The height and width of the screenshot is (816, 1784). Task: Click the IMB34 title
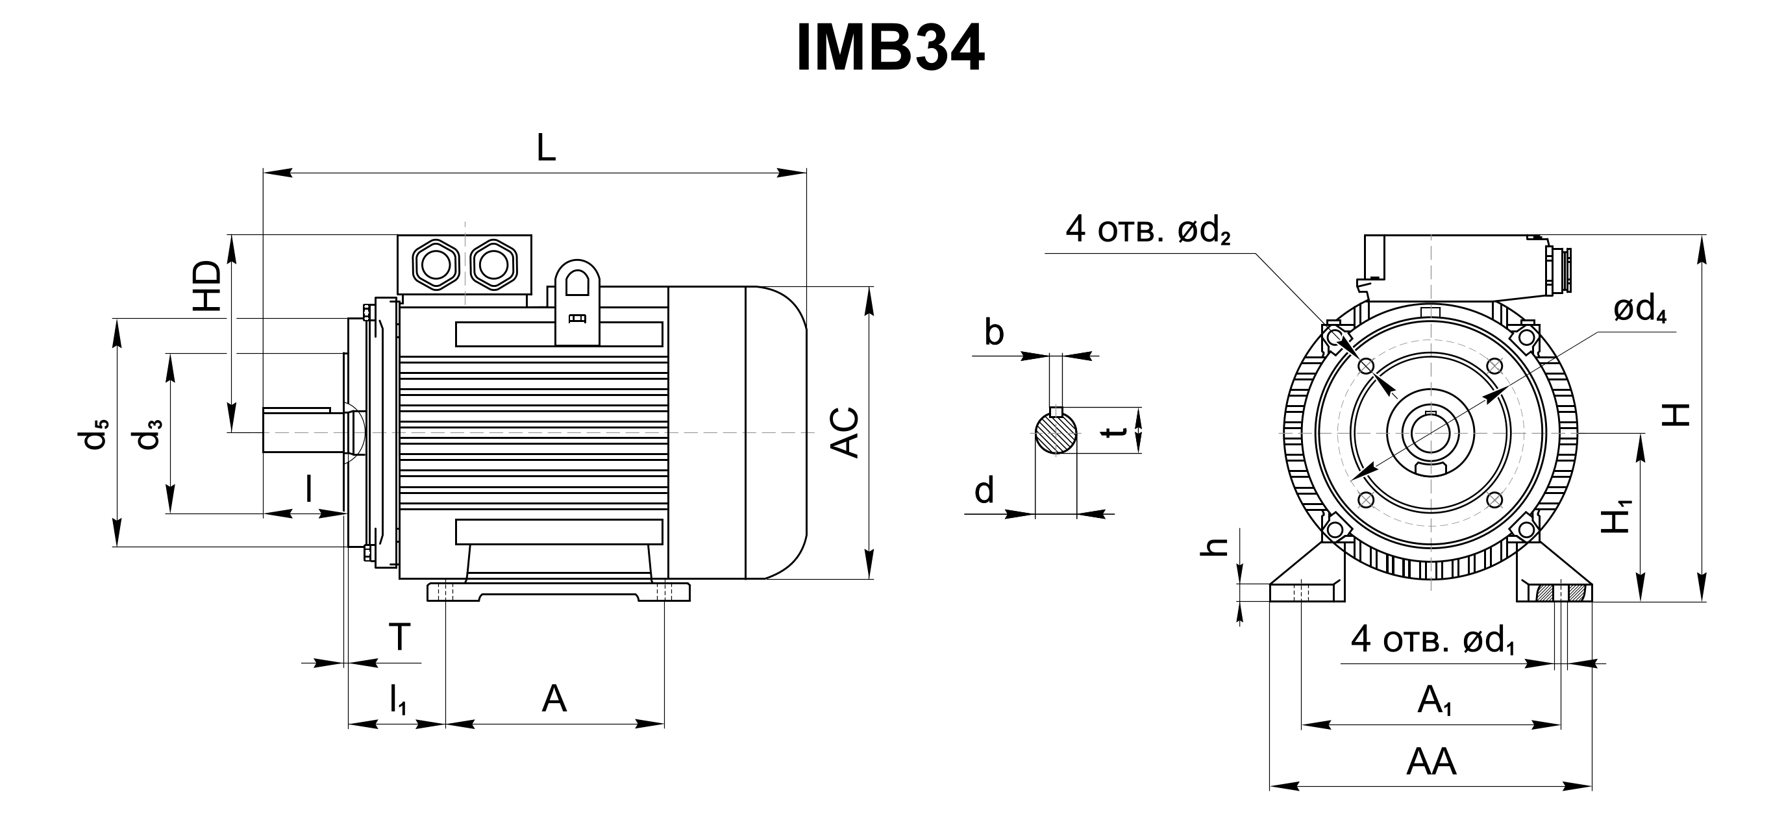pos(891,49)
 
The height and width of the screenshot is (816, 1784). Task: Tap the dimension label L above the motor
pos(547,147)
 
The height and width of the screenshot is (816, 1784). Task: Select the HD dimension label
pos(208,286)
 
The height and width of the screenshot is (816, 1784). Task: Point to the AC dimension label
pos(844,433)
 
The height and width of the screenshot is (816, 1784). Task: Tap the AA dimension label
pos(1431,763)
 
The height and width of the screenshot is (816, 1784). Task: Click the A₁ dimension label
pos(1434,700)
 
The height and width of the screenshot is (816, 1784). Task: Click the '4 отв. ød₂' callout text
pos(1148,229)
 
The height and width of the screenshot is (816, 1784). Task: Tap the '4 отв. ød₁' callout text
pos(1433,640)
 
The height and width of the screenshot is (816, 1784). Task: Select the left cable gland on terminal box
pos(435,264)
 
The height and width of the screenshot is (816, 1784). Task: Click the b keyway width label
pos(994,333)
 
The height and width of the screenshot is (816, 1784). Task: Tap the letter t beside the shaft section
pos(1114,432)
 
